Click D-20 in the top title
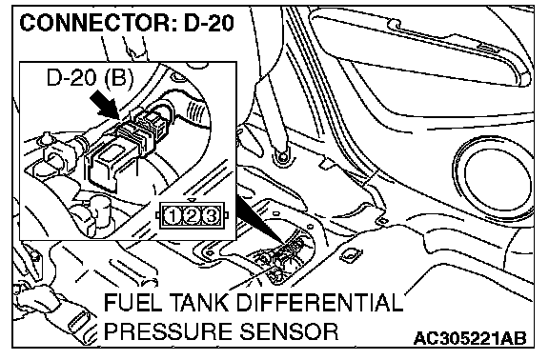209,23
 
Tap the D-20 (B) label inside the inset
90,77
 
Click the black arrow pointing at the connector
104,104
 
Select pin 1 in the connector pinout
173,216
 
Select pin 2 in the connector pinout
192,216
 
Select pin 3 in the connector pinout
211,216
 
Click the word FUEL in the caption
132,302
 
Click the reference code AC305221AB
470,339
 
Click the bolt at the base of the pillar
281,156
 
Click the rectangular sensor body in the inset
105,166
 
